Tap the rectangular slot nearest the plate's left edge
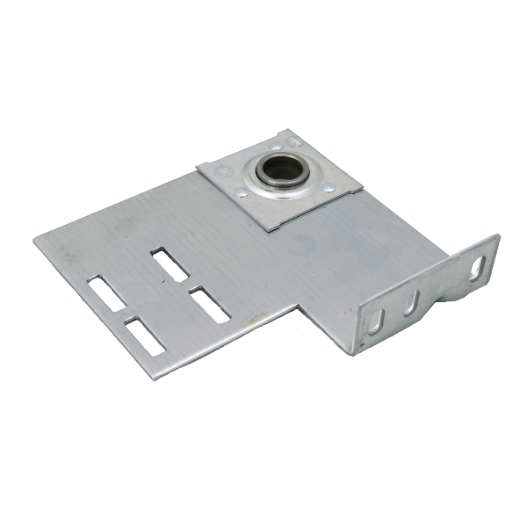[x=106, y=293]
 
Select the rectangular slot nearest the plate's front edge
[x=145, y=336]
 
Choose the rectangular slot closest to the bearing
[x=169, y=263]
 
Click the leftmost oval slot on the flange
[x=374, y=320]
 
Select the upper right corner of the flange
[x=497, y=235]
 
